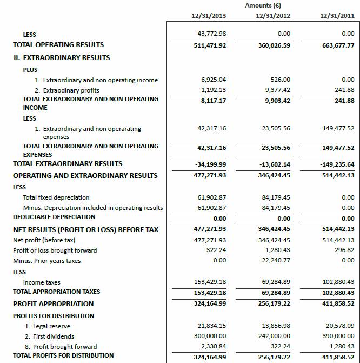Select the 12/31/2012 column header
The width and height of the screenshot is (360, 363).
click(x=273, y=16)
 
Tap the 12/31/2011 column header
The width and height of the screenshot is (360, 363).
click(x=337, y=16)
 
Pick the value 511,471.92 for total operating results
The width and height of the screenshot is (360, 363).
click(x=210, y=45)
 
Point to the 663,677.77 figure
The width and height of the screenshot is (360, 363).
click(x=338, y=45)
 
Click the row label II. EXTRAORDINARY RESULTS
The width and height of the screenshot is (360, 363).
click(x=61, y=57)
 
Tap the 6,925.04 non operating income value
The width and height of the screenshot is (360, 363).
click(x=213, y=80)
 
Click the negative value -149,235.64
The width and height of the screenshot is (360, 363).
click(x=336, y=163)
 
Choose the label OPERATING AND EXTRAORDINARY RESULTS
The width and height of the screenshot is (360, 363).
click(x=85, y=175)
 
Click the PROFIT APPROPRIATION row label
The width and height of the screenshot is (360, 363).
click(x=54, y=303)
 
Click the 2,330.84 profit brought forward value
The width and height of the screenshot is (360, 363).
click(x=213, y=346)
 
